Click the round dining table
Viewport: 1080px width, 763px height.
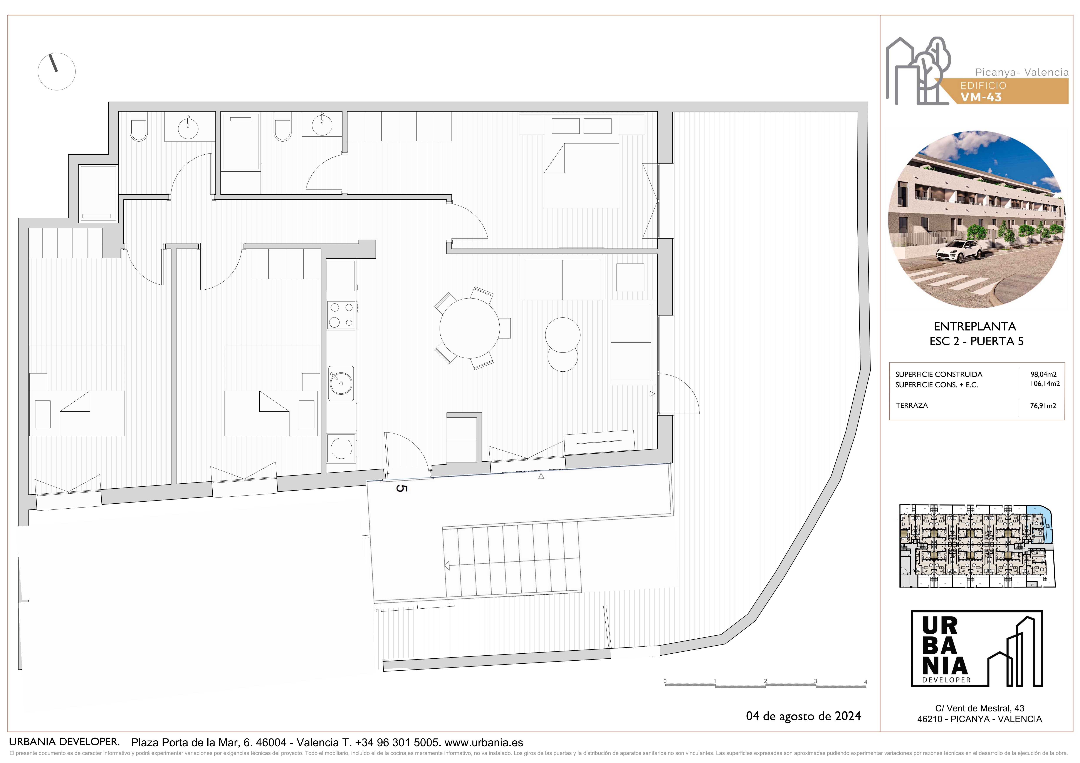[x=469, y=328]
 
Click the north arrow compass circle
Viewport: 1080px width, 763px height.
[x=56, y=72]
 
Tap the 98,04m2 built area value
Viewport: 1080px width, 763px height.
[x=1043, y=374]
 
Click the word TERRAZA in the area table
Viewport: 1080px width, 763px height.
[x=912, y=405]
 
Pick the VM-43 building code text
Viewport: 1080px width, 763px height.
[x=981, y=97]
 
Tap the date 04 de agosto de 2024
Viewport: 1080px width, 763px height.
[x=803, y=716]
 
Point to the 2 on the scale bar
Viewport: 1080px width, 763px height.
[x=765, y=681]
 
